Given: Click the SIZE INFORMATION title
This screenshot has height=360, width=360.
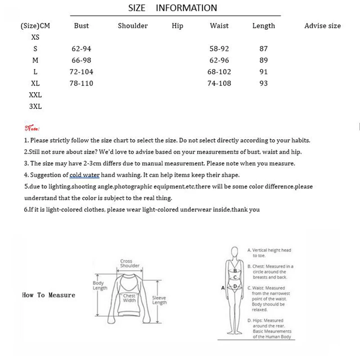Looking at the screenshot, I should tap(172, 8).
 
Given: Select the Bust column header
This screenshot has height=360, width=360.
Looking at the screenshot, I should tap(81, 26).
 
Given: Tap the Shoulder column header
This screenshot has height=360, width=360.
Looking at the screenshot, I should tap(133, 26).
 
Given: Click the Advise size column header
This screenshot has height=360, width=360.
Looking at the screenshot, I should tap(322, 26).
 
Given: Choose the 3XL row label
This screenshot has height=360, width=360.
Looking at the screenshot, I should tap(35, 107).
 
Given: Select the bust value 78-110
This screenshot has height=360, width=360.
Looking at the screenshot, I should tap(81, 83).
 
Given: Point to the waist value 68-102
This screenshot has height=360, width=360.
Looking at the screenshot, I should tap(219, 72).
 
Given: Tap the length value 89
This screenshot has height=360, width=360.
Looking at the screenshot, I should tap(264, 60).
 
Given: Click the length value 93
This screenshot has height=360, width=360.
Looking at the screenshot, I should tap(264, 83).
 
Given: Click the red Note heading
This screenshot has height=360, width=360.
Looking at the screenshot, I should tap(32, 128).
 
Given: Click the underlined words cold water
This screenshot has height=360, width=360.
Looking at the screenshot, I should tap(85, 175).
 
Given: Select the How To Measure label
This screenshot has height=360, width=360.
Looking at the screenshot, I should tap(49, 295).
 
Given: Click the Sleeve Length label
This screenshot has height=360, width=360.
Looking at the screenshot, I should tap(159, 300).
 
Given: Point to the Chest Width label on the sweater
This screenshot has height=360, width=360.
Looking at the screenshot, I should tap(129, 298).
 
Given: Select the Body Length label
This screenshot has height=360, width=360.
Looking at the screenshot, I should tap(99, 285).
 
